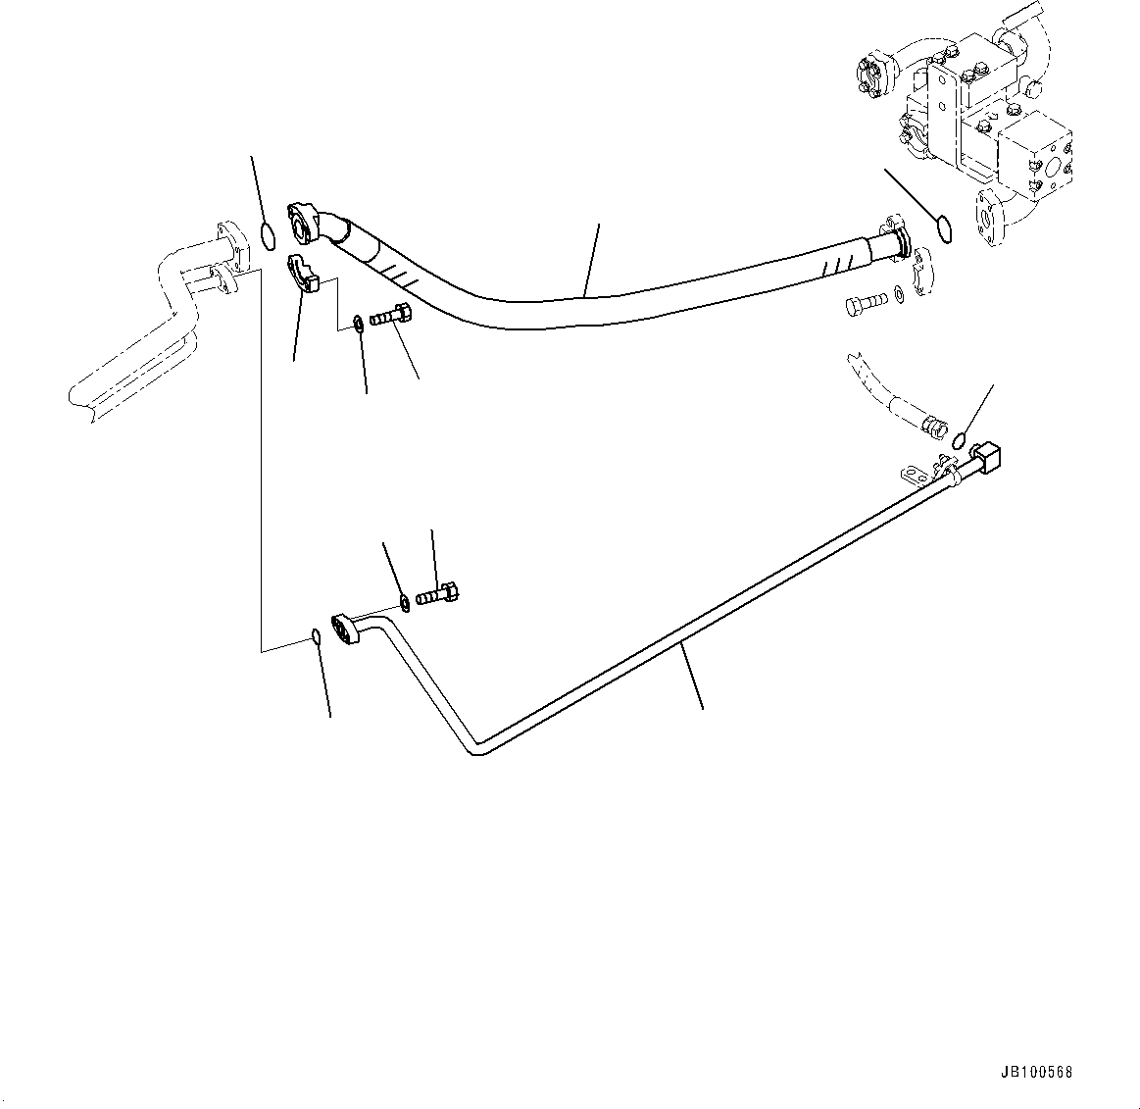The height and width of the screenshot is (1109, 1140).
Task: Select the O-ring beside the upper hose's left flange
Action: [267, 236]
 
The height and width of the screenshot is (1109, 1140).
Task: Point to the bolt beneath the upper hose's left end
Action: [391, 317]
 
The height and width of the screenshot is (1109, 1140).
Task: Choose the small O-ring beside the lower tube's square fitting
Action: [962, 437]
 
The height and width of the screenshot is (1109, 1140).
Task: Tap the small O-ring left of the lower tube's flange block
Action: [315, 636]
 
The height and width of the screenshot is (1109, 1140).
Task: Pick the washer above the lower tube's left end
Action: [404, 598]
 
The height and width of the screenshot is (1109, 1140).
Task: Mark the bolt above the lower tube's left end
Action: [438, 593]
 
